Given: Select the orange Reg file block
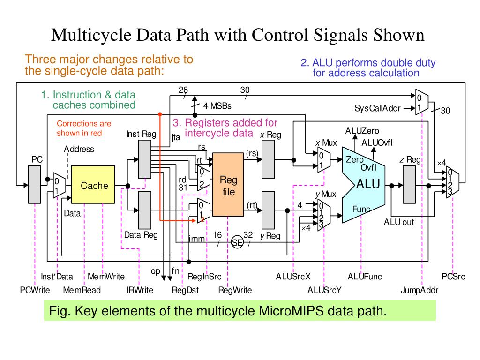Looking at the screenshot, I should [228, 184].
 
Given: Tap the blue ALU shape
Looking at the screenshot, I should [363, 184].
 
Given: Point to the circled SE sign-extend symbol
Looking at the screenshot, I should [238, 242].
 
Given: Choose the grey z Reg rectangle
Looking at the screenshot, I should [409, 184].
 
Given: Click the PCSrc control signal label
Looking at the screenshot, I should [453, 277].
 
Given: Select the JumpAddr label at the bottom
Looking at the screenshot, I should [419, 290].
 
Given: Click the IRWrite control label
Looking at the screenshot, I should [140, 290].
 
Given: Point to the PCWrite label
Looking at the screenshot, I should [35, 290].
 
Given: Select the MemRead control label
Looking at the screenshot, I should [82, 290].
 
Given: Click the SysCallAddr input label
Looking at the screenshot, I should [377, 109].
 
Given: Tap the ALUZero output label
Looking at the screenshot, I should [362, 131].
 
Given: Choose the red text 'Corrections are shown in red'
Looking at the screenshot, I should [84, 128].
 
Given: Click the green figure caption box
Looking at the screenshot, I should [240, 311].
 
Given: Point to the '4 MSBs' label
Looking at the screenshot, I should [217, 106].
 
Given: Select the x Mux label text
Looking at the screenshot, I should [326, 143].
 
